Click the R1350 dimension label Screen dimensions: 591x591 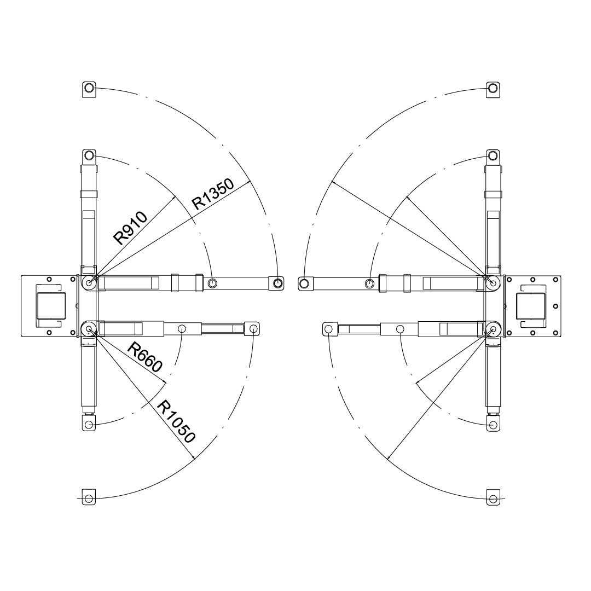pyautogui.click(x=213, y=194)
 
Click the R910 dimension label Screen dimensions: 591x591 pyautogui.click(x=130, y=228)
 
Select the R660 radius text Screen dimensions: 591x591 pyautogui.click(x=145, y=357)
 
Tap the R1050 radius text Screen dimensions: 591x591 pyautogui.click(x=176, y=422)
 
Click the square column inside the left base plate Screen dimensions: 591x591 pyautogui.click(x=50, y=306)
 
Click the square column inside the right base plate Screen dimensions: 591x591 pyautogui.click(x=531, y=306)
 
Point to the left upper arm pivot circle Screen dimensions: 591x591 pyautogui.click(x=89, y=282)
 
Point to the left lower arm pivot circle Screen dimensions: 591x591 pyautogui.click(x=89, y=329)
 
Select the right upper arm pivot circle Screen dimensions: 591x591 pyautogui.click(x=493, y=282)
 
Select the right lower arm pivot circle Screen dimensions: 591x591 pyautogui.click(x=493, y=329)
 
